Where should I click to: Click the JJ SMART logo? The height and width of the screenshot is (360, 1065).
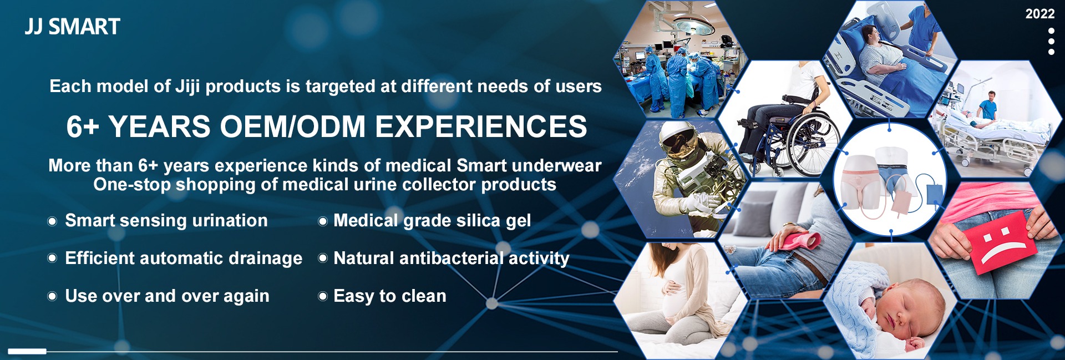tap(72, 27)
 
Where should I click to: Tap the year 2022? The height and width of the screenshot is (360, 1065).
tap(1039, 14)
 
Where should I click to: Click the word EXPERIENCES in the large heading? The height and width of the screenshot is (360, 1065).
tap(481, 126)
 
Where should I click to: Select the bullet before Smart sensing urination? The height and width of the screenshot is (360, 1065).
tap(52, 221)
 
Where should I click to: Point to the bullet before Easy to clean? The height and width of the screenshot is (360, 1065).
tap(322, 296)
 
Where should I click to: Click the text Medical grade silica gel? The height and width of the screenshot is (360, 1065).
tap(432, 221)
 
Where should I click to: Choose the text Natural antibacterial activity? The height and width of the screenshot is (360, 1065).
tap(452, 258)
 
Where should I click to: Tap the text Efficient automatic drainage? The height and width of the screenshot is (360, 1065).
tap(184, 258)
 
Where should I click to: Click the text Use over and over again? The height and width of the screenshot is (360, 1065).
tap(167, 296)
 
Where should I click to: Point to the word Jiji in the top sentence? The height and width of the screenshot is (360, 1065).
tap(187, 87)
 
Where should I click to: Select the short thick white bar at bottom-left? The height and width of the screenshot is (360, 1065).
tap(27, 351)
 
